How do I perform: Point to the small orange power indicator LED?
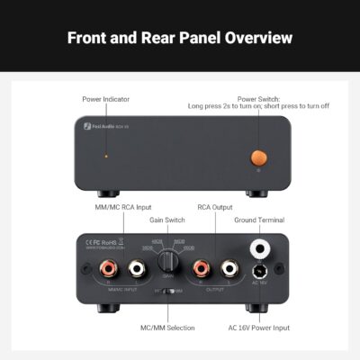(107, 157)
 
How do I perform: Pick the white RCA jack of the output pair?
(229, 267)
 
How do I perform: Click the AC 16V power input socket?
(261, 271)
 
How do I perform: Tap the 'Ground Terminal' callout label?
(261, 219)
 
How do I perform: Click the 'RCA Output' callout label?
(215, 206)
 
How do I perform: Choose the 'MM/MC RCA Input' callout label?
(122, 206)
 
